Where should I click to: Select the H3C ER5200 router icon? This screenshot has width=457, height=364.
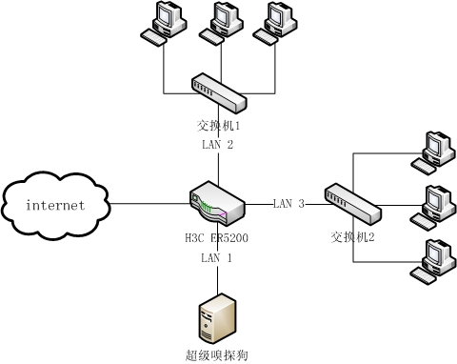218,203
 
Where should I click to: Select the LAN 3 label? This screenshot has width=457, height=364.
288,204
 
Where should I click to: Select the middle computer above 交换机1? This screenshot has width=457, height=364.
219,24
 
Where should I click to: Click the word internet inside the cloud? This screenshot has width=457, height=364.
55,205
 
